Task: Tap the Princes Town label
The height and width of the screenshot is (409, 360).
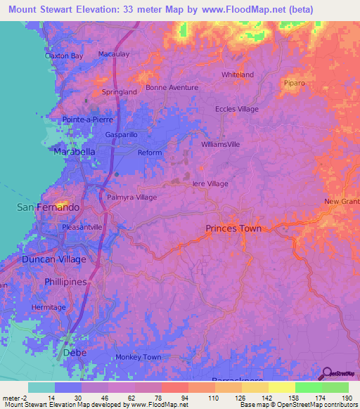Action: point(233,228)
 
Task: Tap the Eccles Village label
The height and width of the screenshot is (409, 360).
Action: point(237,109)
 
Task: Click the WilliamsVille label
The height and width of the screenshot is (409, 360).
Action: point(221,144)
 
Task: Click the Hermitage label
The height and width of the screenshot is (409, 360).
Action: point(49,307)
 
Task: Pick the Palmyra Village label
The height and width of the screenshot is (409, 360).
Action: point(131,197)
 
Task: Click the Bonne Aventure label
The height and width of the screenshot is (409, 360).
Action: point(172,88)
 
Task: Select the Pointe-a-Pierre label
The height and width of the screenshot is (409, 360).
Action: point(87,120)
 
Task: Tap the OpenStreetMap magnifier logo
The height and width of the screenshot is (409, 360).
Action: point(326,374)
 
